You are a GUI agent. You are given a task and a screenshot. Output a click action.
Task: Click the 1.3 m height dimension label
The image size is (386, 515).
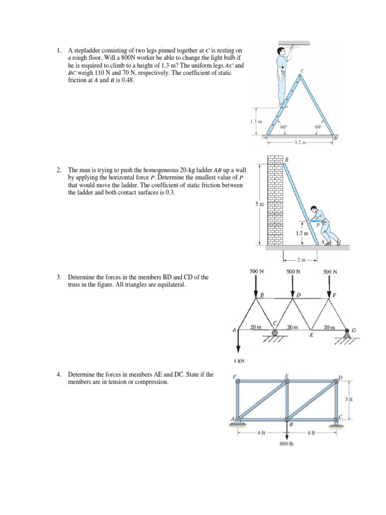[256, 122]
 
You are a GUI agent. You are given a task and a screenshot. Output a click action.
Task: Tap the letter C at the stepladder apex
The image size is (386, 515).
[302, 70]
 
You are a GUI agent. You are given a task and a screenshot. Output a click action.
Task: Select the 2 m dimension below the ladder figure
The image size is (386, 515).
[301, 260]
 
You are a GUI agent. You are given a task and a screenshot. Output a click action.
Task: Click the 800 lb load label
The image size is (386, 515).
[286, 444]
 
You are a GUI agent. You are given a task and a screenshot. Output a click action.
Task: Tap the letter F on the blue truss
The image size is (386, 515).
[234, 377]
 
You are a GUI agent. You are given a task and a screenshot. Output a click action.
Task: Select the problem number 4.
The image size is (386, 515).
[59, 375]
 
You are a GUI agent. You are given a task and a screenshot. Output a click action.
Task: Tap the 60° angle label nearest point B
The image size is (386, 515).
[318, 127]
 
